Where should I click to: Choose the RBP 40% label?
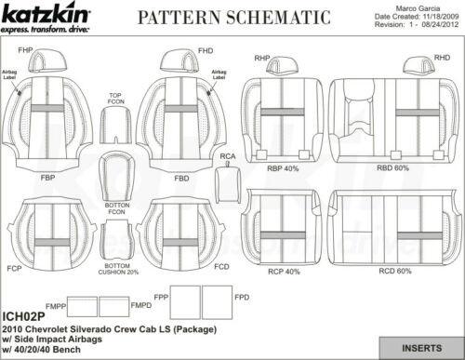pos(285,169)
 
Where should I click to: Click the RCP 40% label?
pos(285,272)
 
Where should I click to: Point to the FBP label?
pos(46,175)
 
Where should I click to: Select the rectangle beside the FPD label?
pos(217,302)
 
